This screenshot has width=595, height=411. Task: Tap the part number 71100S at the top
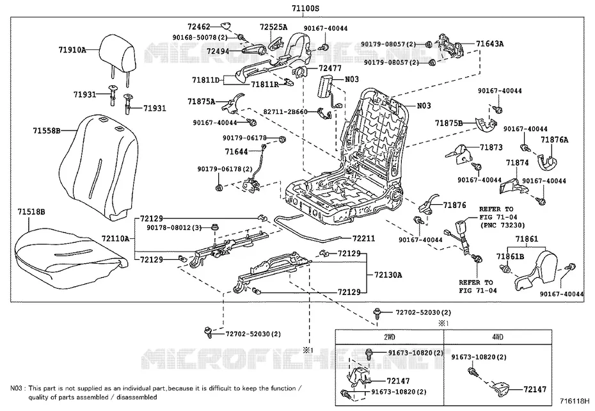tap(305, 8)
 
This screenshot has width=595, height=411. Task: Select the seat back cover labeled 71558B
tap(99, 167)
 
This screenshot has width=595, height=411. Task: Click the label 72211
tap(363, 238)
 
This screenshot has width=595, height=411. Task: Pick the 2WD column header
tap(389, 337)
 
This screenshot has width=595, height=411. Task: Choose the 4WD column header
tap(497, 337)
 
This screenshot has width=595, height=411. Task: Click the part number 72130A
tap(388, 275)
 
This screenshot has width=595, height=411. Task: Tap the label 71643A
tap(490, 44)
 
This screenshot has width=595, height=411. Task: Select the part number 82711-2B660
tap(285, 111)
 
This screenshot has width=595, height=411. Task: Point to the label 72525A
tap(273, 27)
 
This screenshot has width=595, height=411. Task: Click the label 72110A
tap(115, 239)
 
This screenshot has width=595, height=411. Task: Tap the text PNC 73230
tap(502, 225)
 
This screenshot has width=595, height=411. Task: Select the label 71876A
tap(555, 140)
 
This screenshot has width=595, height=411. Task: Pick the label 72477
tap(330, 68)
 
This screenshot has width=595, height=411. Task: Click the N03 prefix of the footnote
tap(17, 388)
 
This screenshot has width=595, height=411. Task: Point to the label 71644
tap(236, 152)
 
